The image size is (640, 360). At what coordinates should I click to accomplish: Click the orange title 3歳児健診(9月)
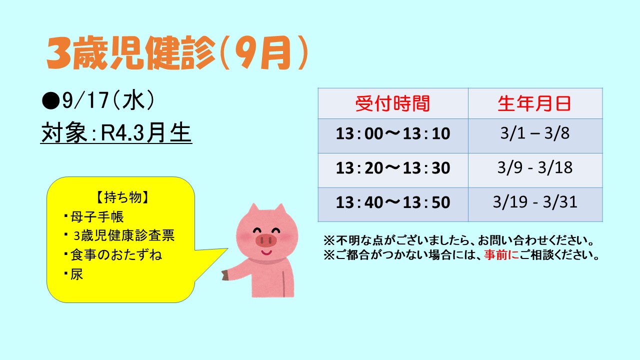click(177, 53)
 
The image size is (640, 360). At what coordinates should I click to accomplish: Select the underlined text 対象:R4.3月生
click(116, 133)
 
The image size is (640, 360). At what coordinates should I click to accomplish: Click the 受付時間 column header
click(393, 103)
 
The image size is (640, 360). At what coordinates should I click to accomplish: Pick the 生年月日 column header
click(534, 103)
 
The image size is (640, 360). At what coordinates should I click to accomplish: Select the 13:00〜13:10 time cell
click(393, 133)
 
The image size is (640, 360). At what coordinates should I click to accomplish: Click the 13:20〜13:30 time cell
click(393, 167)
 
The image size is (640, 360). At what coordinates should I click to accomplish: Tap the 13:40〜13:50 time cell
click(393, 202)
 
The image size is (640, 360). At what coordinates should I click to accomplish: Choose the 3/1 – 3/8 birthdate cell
click(535, 133)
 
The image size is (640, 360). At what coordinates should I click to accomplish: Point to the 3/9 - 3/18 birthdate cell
click(535, 167)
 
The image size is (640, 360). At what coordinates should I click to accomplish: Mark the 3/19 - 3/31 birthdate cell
click(535, 202)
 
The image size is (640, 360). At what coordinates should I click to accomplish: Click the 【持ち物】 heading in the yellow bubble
click(122, 197)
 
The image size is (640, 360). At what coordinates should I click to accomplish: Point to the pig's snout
click(266, 240)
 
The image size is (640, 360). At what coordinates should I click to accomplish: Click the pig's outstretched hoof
click(225, 275)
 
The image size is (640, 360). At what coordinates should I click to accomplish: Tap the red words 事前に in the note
click(501, 255)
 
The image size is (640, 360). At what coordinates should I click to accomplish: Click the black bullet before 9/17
click(50, 101)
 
